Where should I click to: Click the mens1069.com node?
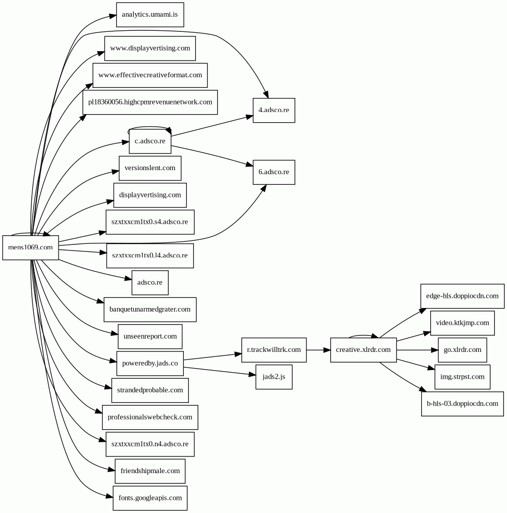coord(30,247)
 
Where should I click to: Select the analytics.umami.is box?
coord(149,15)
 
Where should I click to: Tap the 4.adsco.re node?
coord(274,110)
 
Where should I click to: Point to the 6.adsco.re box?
coord(274,172)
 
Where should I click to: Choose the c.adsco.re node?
coord(150,141)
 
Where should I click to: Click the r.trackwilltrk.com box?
coord(274,350)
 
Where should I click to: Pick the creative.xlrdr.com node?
coord(363,350)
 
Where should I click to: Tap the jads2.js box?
coord(274,377)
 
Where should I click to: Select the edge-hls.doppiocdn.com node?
coord(462,296)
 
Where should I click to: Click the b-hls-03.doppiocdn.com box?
coord(462,403)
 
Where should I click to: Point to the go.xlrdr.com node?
coord(462,350)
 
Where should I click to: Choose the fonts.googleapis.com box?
coord(149,498)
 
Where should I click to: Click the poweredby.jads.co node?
coord(150,364)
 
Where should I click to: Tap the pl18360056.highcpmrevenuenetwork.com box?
coord(150,102)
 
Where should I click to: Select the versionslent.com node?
coord(150,168)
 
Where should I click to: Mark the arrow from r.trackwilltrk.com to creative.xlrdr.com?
coord(318,350)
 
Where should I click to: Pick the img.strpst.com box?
coord(462,377)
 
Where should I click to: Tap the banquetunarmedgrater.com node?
coord(149,310)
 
